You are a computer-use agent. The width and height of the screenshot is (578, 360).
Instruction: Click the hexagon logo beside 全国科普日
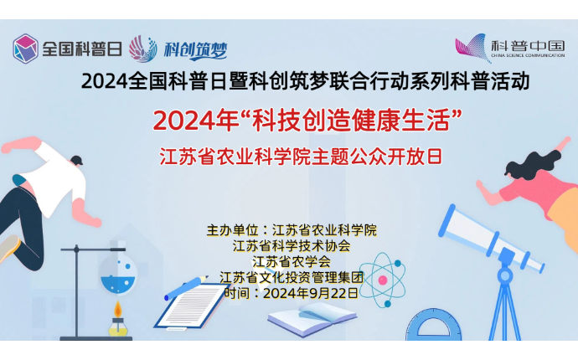[25, 49]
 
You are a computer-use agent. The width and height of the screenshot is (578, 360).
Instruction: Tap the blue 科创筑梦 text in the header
[195, 49]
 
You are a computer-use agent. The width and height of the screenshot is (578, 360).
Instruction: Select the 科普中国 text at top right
[528, 46]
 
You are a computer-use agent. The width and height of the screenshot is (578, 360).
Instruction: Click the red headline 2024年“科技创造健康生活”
[307, 121]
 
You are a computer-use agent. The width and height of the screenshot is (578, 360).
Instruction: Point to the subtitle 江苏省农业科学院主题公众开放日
[301, 157]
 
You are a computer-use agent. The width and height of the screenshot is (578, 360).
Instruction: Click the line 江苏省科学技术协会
[292, 246]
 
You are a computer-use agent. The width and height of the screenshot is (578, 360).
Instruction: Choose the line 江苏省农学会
[292, 261]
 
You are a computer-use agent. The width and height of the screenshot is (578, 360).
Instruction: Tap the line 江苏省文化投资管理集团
[292, 277]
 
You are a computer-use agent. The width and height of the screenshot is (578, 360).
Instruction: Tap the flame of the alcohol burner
[117, 310]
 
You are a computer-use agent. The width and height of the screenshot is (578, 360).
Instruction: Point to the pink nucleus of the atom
[383, 280]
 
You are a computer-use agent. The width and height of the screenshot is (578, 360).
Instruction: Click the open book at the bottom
[312, 319]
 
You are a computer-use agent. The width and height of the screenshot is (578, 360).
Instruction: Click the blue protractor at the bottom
[434, 325]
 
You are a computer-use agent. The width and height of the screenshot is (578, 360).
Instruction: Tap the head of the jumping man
[76, 161]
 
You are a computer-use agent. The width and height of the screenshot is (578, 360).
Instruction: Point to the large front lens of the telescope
[447, 221]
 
